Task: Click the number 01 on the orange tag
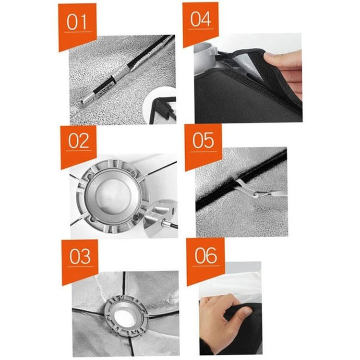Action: click(x=77, y=22)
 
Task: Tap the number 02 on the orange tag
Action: click(x=79, y=141)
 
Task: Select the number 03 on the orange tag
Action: click(x=80, y=256)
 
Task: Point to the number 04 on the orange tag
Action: click(x=201, y=19)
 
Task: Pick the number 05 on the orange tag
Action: click(x=203, y=140)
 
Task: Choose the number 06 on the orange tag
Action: click(x=206, y=255)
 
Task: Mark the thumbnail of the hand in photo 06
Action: click(x=246, y=312)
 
